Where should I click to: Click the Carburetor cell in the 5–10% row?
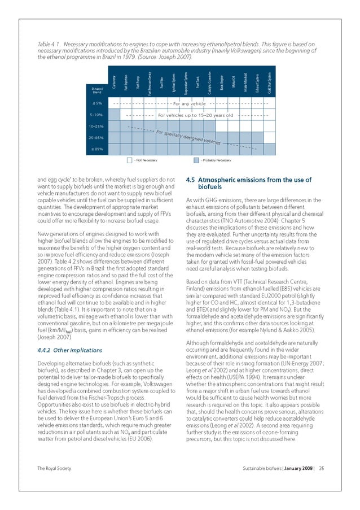(x=114, y=115)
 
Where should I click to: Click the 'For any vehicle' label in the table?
(x=189, y=104)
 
